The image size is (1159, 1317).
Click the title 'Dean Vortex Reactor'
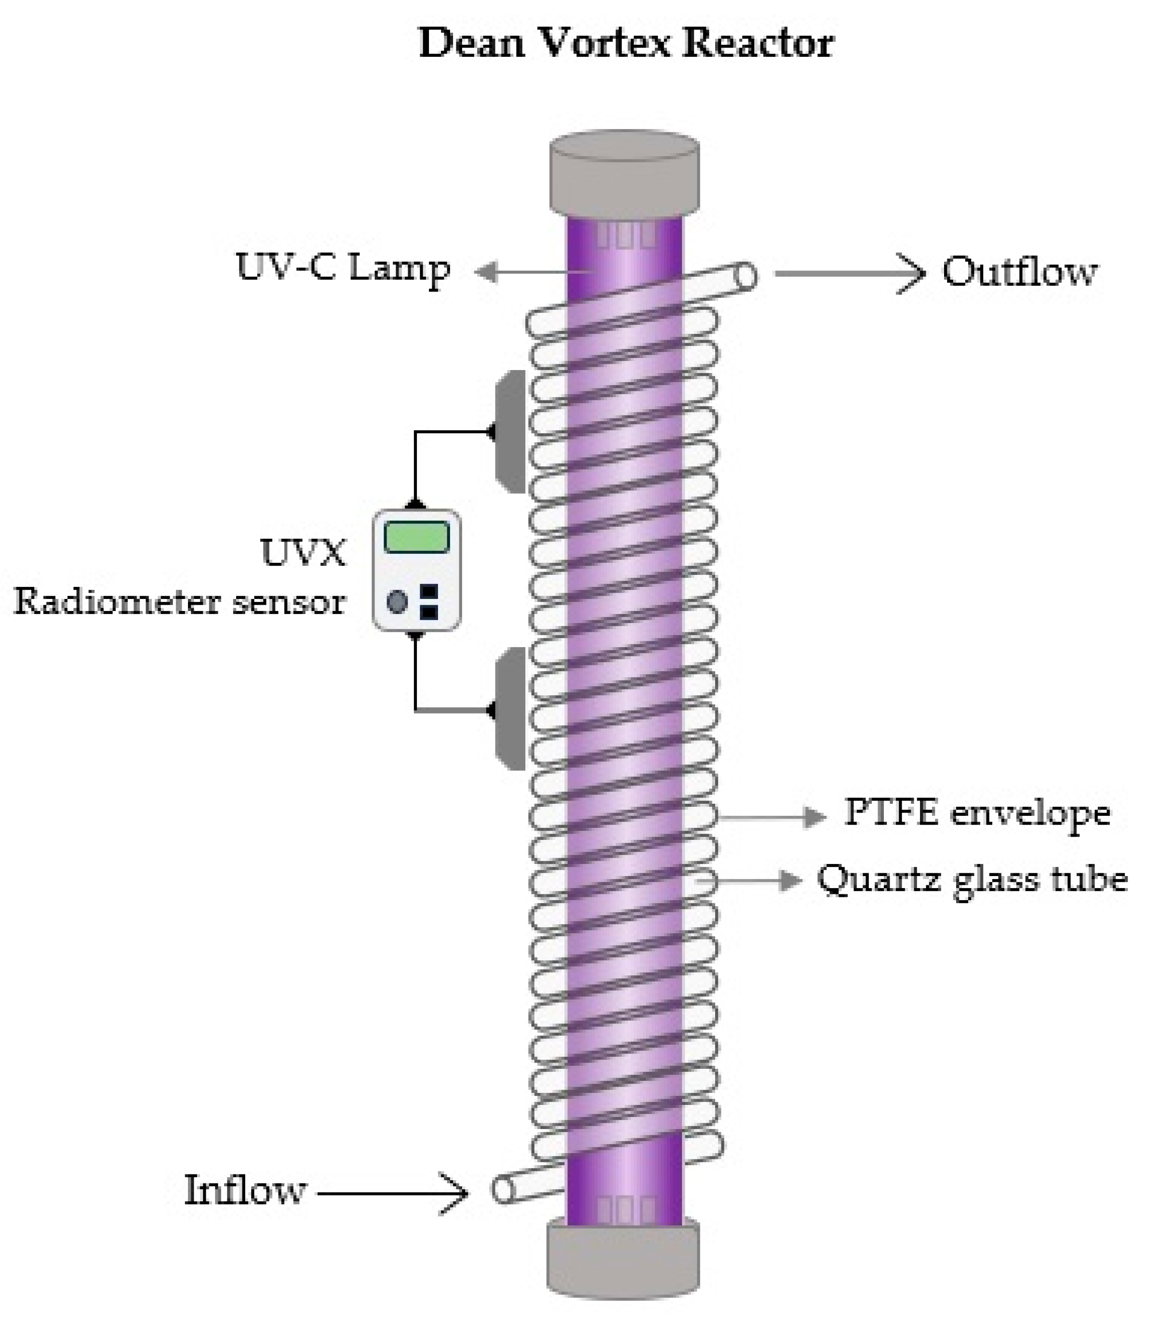point(626,44)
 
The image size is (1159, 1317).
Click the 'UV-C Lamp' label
point(343,268)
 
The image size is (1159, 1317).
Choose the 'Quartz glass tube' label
point(972,879)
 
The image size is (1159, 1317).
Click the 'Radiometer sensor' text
point(180,602)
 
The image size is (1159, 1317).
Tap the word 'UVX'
point(303,552)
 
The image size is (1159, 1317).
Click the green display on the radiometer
point(416,537)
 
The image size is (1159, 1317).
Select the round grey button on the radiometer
point(397,602)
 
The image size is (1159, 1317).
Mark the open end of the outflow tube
point(746,276)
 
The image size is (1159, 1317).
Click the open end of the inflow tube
point(502,1189)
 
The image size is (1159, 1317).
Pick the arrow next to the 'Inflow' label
point(392,1193)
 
